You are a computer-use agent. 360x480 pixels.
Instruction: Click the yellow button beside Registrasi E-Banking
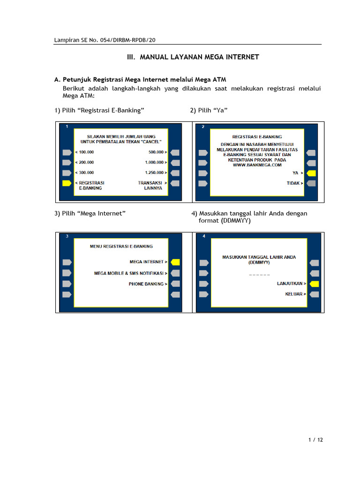point(67,183)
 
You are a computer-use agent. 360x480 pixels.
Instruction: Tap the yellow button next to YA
point(311,173)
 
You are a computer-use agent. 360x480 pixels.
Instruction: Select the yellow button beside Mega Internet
point(175,262)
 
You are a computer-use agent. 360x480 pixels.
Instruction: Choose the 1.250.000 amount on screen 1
point(156,172)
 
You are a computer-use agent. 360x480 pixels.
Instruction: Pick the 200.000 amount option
point(85,162)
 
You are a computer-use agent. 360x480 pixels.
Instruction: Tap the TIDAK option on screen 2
point(295,183)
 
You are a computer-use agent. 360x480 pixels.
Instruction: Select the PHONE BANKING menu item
point(148,284)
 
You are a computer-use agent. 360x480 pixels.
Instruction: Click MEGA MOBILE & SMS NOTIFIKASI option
point(131,273)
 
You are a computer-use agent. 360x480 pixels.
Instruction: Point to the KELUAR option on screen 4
point(295,294)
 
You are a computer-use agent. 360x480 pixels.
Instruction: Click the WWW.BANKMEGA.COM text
point(257,165)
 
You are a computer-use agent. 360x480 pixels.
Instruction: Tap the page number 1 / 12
point(315,440)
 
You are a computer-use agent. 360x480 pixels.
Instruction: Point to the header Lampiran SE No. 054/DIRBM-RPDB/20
point(105,40)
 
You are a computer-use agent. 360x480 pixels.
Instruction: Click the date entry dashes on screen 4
point(259,275)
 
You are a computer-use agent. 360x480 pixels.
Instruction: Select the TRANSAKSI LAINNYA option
point(152,186)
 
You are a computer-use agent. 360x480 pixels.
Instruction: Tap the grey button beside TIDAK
point(311,183)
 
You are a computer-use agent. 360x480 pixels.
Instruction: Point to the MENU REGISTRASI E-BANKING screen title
point(121,247)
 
